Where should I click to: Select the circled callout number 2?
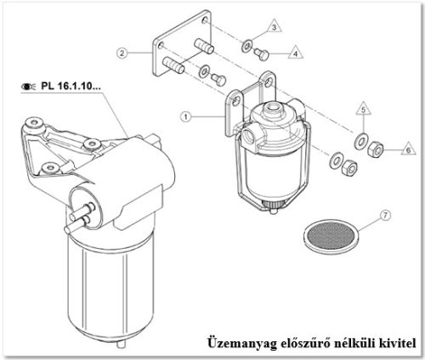tap(123, 53)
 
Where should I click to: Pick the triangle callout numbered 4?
tap(296, 53)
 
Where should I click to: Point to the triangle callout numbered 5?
tap(361, 110)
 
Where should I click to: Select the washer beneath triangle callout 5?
tap(360, 139)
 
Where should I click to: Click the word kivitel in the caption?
tap(394, 343)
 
